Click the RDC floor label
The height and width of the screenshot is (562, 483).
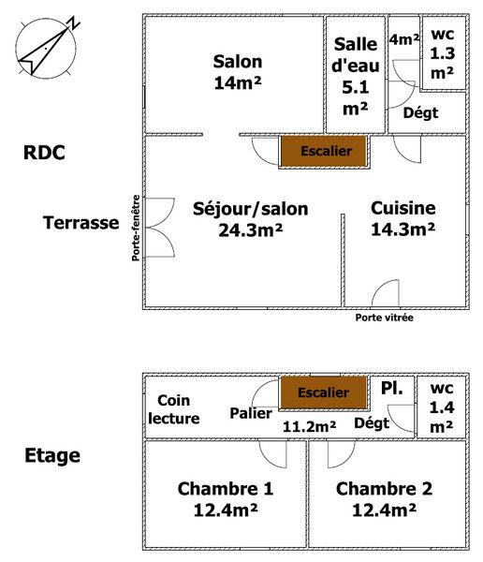[44, 153]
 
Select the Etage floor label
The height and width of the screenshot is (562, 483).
[52, 456]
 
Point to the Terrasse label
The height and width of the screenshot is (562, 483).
[81, 223]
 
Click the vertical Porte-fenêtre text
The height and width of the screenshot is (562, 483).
[136, 228]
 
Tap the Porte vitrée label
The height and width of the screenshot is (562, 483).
[384, 318]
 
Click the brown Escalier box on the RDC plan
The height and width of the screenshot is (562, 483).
[324, 151]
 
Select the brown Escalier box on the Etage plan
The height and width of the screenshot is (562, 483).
[324, 392]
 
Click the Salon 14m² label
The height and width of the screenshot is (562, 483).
[238, 72]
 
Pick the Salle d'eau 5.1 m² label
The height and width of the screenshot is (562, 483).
[356, 77]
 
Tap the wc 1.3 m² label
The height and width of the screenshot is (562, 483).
[443, 53]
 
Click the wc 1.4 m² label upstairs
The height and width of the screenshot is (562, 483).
[442, 407]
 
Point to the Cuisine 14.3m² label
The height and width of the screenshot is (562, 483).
[403, 218]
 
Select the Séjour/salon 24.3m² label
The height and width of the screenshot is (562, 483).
[251, 219]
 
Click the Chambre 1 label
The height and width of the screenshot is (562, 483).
[226, 489]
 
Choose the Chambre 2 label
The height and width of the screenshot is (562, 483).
[384, 489]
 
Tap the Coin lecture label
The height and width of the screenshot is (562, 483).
[174, 409]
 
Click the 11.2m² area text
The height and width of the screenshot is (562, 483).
[309, 426]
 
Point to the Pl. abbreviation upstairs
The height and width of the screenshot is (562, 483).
[391, 388]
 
